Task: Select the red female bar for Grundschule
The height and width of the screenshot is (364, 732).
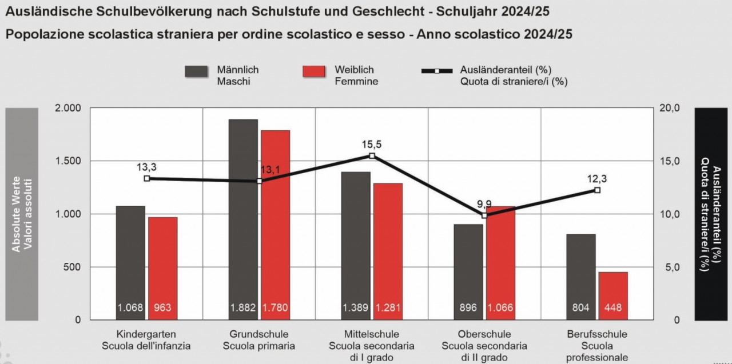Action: coord(275,223)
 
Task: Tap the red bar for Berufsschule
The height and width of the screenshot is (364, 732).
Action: coord(613,291)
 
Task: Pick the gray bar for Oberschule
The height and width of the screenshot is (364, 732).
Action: coord(468,269)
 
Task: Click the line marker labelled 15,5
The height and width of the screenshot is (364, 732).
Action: coord(372,155)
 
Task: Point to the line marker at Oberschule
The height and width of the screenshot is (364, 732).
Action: coord(484,215)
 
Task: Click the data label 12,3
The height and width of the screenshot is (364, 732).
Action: coord(596,179)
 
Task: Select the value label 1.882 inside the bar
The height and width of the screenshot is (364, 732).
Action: coord(243,309)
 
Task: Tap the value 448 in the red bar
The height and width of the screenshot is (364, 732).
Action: coord(613,309)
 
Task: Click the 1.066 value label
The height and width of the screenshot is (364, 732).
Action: coord(500,309)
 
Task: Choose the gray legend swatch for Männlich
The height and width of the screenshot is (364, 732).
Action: coord(196,70)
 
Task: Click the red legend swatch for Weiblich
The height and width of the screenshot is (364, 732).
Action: coord(314,71)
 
